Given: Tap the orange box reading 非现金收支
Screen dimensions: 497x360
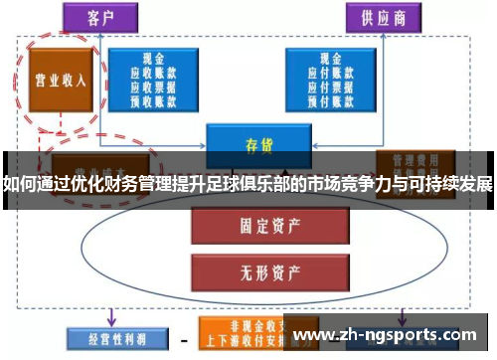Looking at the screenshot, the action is click(x=240, y=326).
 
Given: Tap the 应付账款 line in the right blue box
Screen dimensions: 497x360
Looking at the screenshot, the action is click(x=329, y=73).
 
